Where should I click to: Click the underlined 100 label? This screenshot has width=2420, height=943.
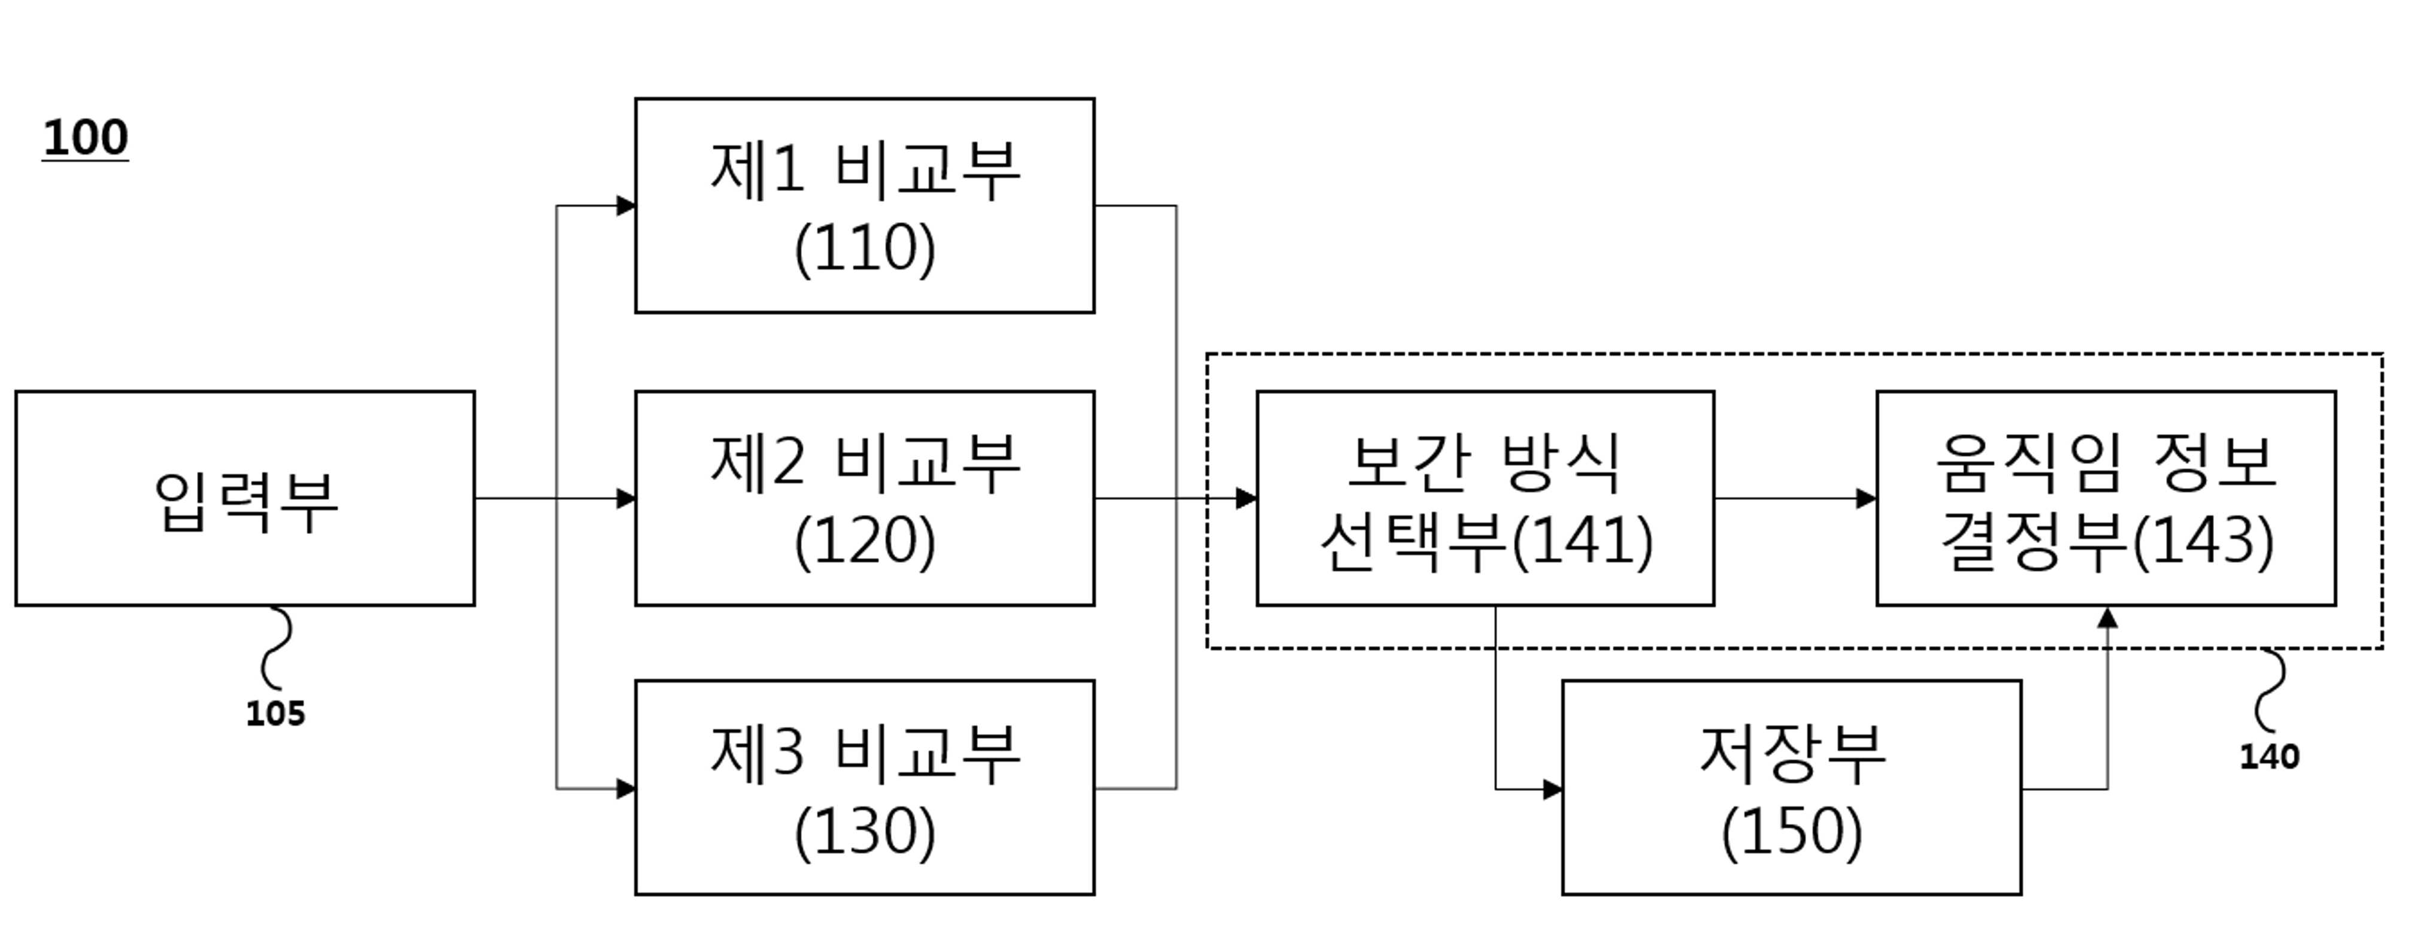click(x=86, y=138)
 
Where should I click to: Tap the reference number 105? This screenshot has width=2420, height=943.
click(x=275, y=714)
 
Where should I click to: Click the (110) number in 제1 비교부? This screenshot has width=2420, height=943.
click(x=865, y=249)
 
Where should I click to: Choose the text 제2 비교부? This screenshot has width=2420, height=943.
click(x=865, y=462)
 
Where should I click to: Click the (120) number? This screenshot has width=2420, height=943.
click(x=865, y=542)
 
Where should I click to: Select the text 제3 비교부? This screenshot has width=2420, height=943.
click(x=865, y=753)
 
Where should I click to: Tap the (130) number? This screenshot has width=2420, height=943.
click(x=865, y=832)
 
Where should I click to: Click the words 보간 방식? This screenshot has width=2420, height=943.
click(x=1485, y=462)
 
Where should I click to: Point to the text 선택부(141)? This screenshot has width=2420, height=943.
click(x=1486, y=542)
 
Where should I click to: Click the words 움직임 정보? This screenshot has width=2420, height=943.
click(x=2105, y=462)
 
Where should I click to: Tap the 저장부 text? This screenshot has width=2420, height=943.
click(x=1792, y=753)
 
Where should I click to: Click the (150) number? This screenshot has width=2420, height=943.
click(x=1792, y=832)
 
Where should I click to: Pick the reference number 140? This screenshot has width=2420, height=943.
click(x=2268, y=757)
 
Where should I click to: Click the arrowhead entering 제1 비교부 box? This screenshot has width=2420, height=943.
click(x=626, y=206)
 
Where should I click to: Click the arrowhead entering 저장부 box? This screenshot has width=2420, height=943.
click(x=1553, y=790)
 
